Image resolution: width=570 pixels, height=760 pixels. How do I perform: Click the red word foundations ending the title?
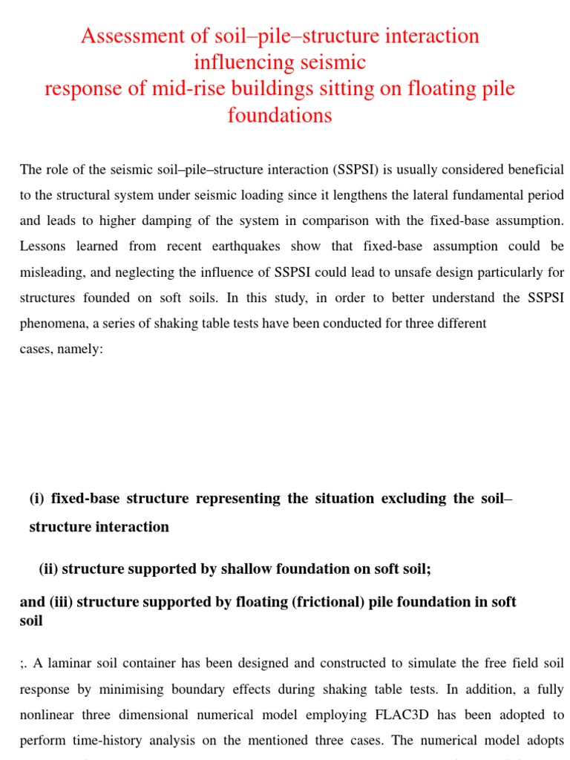280,116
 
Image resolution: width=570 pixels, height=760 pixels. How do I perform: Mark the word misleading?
52,272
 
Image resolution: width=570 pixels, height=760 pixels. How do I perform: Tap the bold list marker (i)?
36,499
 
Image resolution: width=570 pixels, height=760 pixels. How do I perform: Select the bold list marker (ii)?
49,569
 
